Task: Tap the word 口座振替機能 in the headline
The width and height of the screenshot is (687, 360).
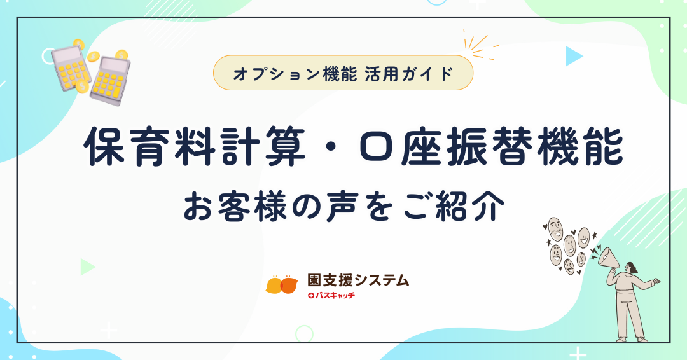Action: [x=491, y=147]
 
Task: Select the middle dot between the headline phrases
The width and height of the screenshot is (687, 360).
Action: [x=332, y=148]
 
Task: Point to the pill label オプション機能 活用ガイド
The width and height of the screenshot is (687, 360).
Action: [x=343, y=73]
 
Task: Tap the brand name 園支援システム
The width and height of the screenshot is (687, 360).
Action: [x=358, y=280]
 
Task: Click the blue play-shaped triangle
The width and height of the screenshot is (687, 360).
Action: [x=573, y=56]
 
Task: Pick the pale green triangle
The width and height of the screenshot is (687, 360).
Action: [x=87, y=267]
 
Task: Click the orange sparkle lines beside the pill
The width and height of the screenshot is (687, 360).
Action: [x=480, y=45]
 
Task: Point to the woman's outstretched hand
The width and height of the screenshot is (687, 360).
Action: [x=656, y=280]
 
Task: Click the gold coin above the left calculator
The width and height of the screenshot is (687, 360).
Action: [x=78, y=45]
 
